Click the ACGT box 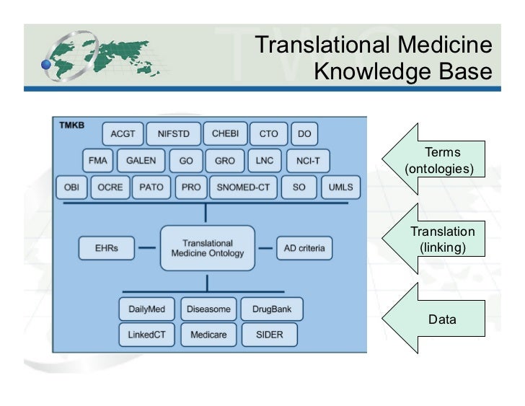[x=123, y=134]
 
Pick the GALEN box [x=141, y=161]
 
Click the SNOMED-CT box [x=242, y=187]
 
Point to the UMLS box [x=340, y=187]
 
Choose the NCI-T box [x=308, y=161]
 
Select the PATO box [x=151, y=187]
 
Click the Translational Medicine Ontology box [x=208, y=249]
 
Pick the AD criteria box [x=304, y=249]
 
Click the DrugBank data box [x=271, y=309]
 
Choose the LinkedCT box [x=146, y=335]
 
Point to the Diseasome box [x=208, y=309]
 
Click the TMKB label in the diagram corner [x=71, y=125]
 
